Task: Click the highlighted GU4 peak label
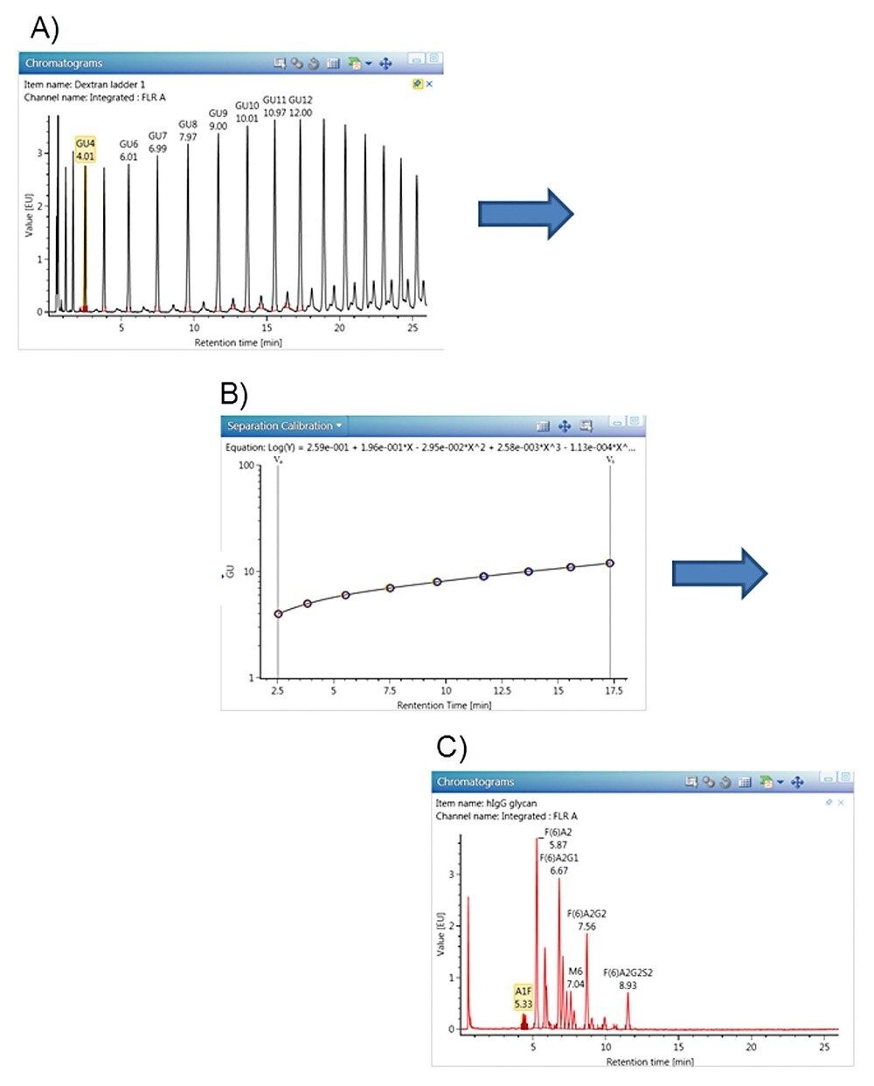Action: coord(86,149)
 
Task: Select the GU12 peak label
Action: coord(301,106)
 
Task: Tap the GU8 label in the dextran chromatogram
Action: coord(188,130)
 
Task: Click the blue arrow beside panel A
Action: coord(525,212)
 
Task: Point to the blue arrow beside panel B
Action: coord(719,573)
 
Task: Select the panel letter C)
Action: coord(452,747)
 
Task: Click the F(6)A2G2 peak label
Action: coord(586,920)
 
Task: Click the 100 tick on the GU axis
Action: coord(246,466)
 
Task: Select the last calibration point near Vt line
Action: coord(610,564)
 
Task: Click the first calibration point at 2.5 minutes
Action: coord(279,613)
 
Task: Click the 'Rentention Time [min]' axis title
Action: coord(444,705)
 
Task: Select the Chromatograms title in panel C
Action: coord(475,782)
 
